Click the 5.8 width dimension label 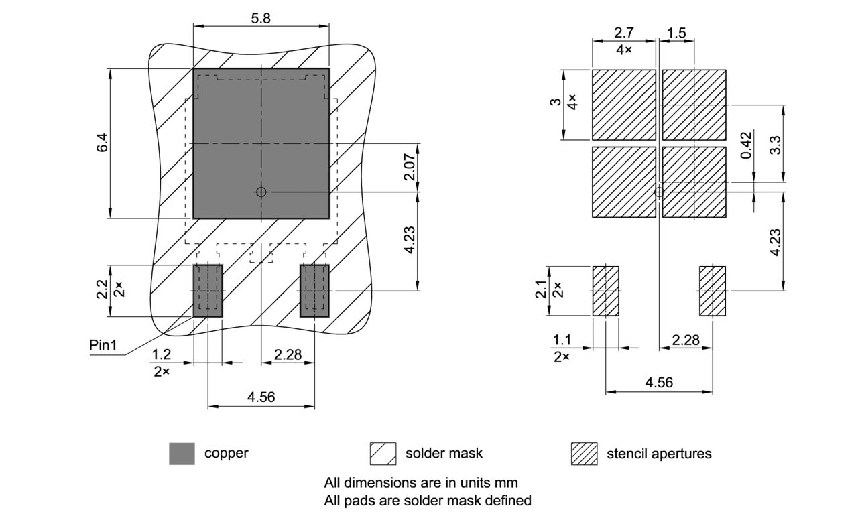pos(261,19)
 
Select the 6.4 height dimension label pos(101,143)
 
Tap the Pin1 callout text pos(103,345)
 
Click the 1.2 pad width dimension pos(160,354)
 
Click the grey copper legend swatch pos(182,454)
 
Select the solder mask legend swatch pos(378,454)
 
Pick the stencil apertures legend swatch pos(584,454)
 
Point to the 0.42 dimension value pos(746,145)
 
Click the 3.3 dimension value pos(775,145)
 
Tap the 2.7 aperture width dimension pos(623,33)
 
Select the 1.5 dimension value pos(677,33)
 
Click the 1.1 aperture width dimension pos(562,340)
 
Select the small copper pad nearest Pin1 pos(208,290)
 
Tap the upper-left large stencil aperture pos(623,105)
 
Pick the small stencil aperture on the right pos(713,291)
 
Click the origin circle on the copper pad pos(261,192)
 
